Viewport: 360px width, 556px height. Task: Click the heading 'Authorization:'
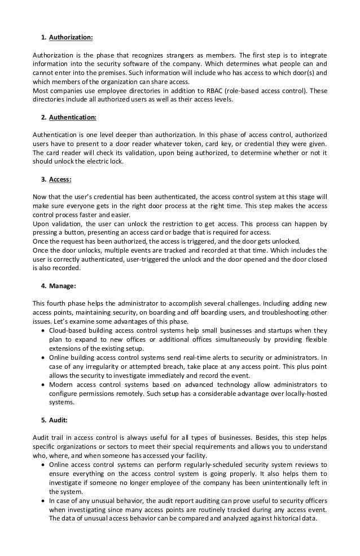coord(71,38)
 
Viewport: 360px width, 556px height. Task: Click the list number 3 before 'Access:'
coord(43,180)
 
